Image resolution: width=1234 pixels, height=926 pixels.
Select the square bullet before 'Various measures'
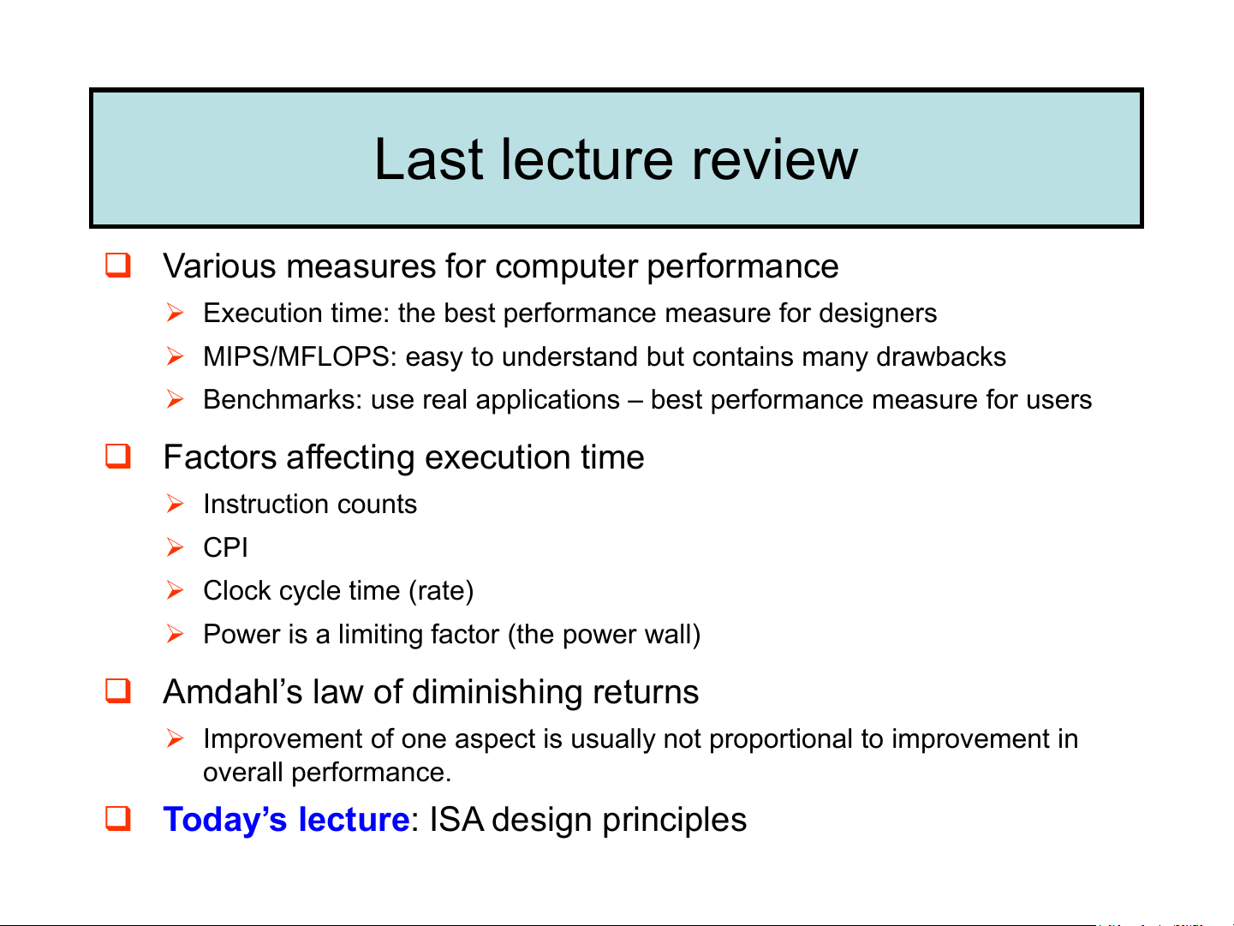118,265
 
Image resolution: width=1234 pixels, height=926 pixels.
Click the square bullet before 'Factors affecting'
118,456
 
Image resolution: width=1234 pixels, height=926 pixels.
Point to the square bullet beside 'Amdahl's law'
118,691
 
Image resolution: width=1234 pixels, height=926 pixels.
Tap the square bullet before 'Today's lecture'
118,819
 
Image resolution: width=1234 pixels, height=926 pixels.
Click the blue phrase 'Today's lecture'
286,819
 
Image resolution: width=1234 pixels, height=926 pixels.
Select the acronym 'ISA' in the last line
456,819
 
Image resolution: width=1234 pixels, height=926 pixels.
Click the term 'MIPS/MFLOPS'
296,356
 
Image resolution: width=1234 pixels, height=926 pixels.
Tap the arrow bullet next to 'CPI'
175,547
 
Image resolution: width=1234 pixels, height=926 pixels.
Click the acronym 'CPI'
225,547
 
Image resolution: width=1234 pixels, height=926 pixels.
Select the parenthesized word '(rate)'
441,591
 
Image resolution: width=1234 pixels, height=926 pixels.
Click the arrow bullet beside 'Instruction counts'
175,504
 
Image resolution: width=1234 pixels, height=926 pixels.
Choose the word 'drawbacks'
941,356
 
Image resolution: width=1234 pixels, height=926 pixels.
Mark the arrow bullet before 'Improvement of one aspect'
175,738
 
